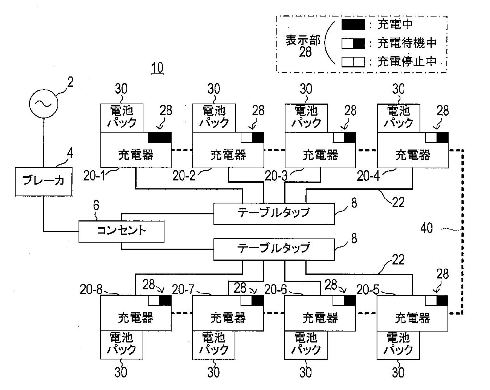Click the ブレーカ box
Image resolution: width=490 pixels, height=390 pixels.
click(44, 181)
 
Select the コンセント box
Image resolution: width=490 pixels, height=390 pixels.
click(121, 231)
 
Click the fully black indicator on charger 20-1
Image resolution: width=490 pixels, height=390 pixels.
click(160, 137)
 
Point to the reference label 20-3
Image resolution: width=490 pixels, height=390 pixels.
click(275, 176)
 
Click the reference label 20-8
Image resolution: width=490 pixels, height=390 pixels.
click(91, 290)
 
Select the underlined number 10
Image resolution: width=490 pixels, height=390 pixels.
click(157, 68)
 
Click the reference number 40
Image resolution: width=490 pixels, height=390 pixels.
click(426, 228)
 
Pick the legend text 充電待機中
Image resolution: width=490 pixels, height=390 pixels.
click(407, 43)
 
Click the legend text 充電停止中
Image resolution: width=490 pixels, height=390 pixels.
click(407, 61)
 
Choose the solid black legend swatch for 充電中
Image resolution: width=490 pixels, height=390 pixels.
click(353, 25)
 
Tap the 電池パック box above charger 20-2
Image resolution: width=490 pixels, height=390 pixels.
click(214, 117)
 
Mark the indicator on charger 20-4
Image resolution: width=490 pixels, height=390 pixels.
click(437, 137)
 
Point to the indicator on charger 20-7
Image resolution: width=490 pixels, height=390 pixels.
click(252, 300)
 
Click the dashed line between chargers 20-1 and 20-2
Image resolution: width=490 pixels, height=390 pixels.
click(182, 150)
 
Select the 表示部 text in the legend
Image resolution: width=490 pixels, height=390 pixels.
click(303, 41)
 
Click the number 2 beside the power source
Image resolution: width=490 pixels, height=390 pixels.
click(70, 83)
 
